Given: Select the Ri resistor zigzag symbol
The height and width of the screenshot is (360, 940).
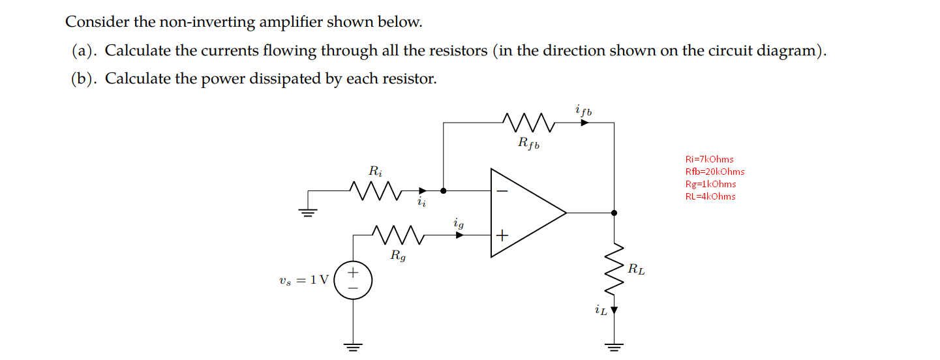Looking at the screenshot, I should point(374,191).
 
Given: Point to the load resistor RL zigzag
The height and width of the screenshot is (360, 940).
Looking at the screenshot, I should point(614,268).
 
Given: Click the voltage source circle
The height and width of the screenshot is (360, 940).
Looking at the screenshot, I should point(353,280).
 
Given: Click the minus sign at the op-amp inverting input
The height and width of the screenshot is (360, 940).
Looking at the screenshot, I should point(502,191).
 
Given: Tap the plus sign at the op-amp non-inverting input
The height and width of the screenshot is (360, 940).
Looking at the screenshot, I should point(502,235).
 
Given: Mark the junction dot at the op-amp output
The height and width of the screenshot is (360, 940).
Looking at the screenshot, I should point(614,213).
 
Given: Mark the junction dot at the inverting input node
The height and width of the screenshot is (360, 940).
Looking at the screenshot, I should point(444,191).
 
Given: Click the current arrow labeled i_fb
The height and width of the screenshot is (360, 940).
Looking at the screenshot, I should point(584,121).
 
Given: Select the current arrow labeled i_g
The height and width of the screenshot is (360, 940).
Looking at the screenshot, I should point(459,234).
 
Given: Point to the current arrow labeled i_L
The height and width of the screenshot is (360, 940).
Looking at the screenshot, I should point(613,311).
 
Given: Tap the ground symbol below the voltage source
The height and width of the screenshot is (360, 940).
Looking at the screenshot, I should point(353,346).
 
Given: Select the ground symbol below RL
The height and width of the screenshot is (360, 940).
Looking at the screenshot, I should point(614,346).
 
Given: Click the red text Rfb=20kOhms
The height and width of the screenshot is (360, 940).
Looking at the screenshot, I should point(714,172).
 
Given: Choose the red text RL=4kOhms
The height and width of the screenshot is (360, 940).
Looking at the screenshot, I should point(710,196).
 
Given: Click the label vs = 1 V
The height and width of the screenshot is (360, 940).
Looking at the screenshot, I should point(303,280).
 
